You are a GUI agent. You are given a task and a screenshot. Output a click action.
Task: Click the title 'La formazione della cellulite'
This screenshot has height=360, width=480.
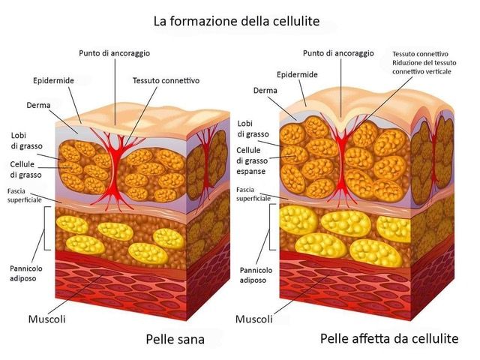tap(236, 21)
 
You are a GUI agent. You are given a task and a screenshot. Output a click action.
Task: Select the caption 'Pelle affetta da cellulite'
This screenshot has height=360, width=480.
tap(388, 338)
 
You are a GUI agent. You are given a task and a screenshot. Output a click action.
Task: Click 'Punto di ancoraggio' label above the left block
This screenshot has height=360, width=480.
tap(115, 53)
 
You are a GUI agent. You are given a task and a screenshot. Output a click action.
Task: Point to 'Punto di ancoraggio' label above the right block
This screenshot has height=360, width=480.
tap(339, 53)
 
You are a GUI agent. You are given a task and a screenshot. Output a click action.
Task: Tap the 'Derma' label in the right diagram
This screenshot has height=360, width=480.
tap(265, 91)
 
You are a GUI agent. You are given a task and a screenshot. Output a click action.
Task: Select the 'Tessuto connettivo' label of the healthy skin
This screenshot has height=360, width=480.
tap(166, 80)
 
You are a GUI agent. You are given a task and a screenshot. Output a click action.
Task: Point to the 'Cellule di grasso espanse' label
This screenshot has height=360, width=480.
tap(257, 161)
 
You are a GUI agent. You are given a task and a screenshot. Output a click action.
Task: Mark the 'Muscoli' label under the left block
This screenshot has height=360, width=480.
tap(46, 319)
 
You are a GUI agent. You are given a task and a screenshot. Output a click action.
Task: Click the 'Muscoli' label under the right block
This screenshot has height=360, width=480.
tap(254, 319)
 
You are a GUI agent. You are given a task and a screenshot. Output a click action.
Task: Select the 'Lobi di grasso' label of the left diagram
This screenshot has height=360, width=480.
tap(24, 140)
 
